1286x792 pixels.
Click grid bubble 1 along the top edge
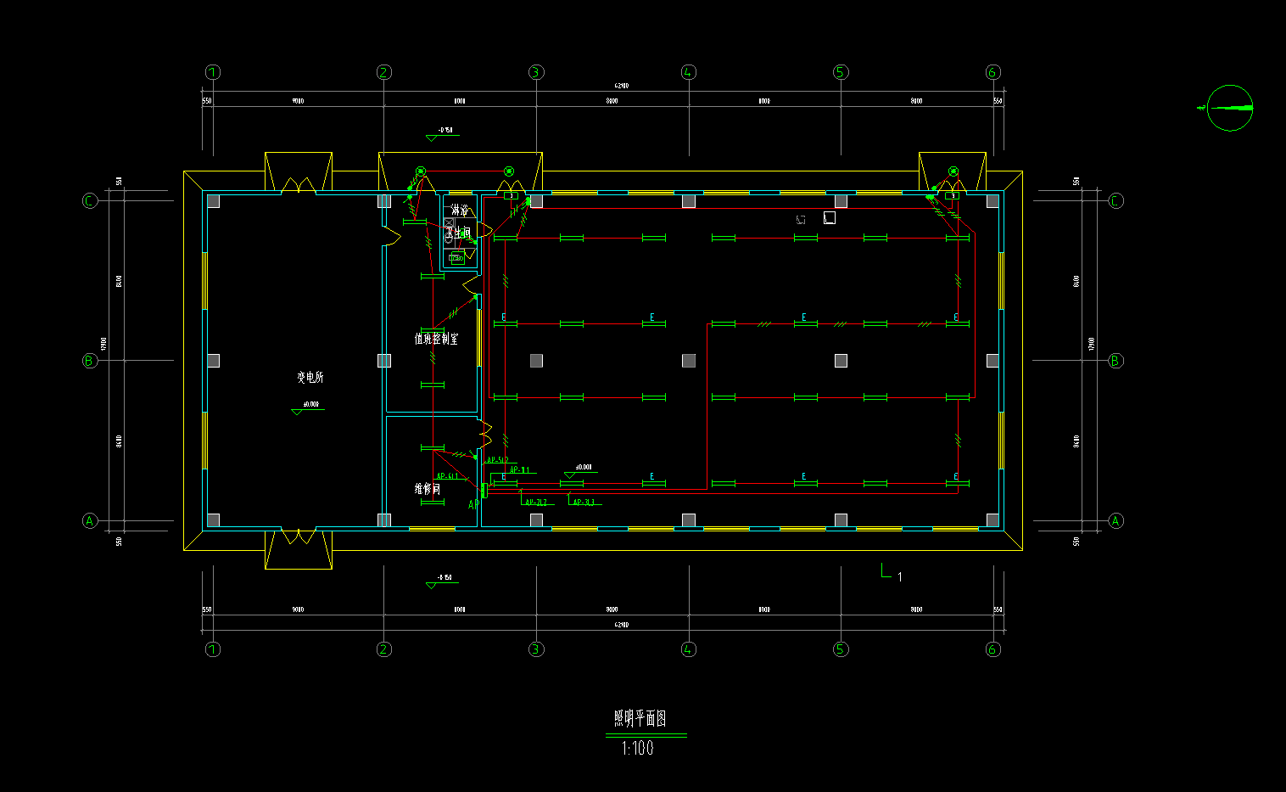click(213, 72)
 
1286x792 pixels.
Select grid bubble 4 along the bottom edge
click(688, 649)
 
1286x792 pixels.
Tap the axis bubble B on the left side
click(90, 361)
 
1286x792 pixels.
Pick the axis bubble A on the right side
click(1115, 521)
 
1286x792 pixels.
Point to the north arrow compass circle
click(1230, 108)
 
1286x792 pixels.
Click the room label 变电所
click(310, 378)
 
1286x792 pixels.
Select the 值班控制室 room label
click(436, 339)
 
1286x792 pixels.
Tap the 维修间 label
click(427, 489)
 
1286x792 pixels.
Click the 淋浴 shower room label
click(460, 210)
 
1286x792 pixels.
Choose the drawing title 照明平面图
click(640, 719)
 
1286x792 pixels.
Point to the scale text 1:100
click(638, 749)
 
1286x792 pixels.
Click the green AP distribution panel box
click(484, 490)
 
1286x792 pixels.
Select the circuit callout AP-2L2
click(538, 503)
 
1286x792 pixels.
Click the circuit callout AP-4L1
click(447, 477)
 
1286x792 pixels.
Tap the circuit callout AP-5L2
click(498, 460)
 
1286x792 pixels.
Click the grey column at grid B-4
click(689, 361)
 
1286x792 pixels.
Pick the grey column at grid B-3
click(536, 361)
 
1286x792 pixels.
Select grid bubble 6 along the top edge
click(993, 72)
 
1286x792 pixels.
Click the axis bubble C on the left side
click(90, 201)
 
